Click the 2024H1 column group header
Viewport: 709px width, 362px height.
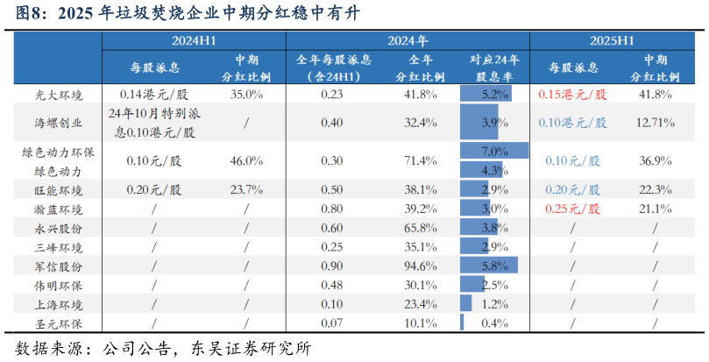pos(195,40)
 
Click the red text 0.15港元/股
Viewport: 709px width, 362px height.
pos(571,95)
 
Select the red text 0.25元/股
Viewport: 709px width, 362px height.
pos(571,209)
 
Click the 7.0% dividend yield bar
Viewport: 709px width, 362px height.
pos(494,152)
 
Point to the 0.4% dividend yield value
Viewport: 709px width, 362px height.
pos(495,324)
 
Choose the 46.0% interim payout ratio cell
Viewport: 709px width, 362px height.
pos(246,160)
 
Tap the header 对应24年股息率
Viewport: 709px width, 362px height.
pos(494,67)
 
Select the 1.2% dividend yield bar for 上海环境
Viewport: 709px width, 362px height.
pos(466,304)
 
